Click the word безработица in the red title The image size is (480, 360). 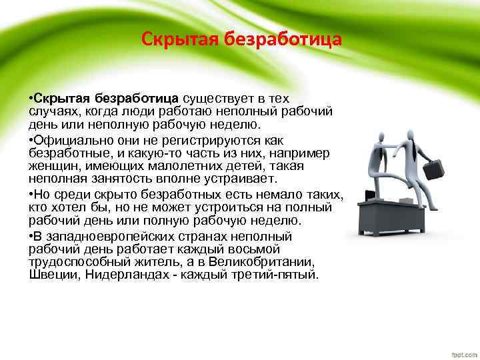click(x=288, y=39)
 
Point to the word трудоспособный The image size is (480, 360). click(x=74, y=263)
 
